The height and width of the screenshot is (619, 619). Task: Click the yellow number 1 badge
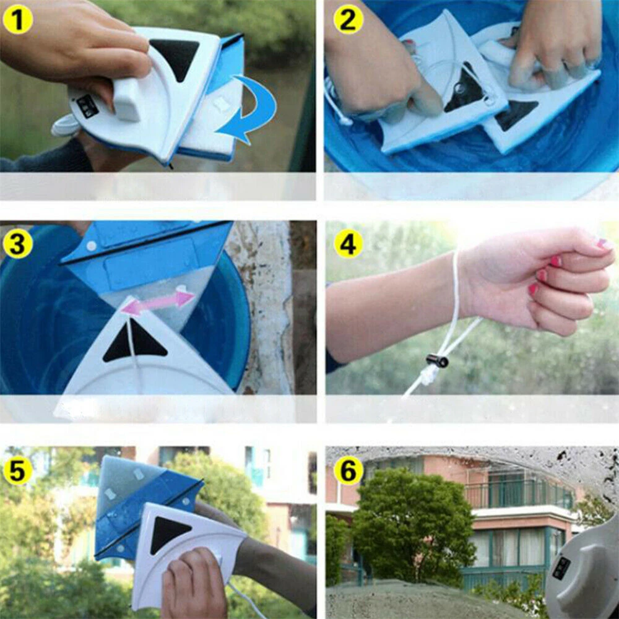coord(18,20)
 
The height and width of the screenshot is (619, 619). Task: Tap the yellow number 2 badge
coord(348,20)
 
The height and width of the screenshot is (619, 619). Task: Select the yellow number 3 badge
coord(18,244)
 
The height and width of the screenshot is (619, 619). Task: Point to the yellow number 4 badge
coord(348,244)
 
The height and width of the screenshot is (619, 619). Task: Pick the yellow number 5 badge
coord(18,470)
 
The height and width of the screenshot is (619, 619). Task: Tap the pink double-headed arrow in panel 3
coord(158,301)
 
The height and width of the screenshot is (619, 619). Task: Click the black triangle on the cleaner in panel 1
coord(175,56)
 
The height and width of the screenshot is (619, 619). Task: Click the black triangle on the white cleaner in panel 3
coord(134,344)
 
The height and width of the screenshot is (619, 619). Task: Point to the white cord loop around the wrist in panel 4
coord(457,297)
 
